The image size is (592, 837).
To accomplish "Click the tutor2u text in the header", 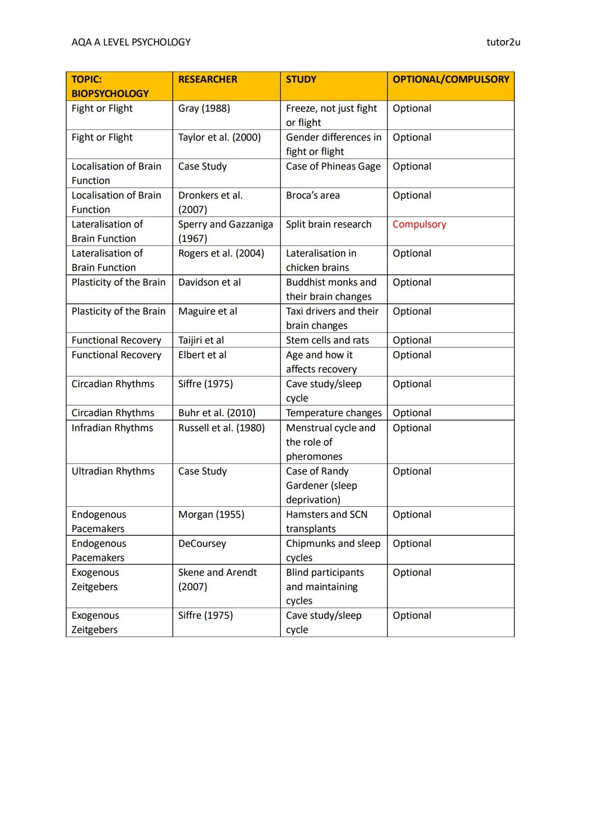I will tap(503, 42).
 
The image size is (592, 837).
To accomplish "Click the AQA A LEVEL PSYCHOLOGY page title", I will tap(131, 42).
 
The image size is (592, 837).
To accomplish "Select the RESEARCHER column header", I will tap(208, 80).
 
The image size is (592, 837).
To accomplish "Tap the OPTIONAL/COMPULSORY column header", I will tap(451, 80).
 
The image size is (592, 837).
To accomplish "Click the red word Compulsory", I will tap(419, 224).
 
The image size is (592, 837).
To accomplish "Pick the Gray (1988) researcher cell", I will tap(204, 109).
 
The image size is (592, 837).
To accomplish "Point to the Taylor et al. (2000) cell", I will tap(219, 138).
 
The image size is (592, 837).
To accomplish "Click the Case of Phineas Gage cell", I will tap(333, 167).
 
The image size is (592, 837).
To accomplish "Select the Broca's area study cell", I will tap(312, 196).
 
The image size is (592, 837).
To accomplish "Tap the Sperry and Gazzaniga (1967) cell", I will tap(225, 231).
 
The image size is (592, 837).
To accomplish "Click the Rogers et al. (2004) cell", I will tap(221, 253).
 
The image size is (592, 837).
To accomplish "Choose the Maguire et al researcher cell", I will tap(208, 312).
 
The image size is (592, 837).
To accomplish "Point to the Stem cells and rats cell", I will tap(327, 341).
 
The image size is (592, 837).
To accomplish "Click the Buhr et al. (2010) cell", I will tap(217, 413).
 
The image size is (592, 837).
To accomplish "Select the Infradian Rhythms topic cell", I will tap(112, 428).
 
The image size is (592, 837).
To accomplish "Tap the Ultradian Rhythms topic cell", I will tap(113, 471).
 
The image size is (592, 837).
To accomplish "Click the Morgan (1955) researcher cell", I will tap(211, 514).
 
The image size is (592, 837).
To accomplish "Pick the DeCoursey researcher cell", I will tap(202, 544).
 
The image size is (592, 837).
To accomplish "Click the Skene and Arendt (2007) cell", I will tap(218, 579).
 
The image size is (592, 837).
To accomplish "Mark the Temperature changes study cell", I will tap(333, 413).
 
